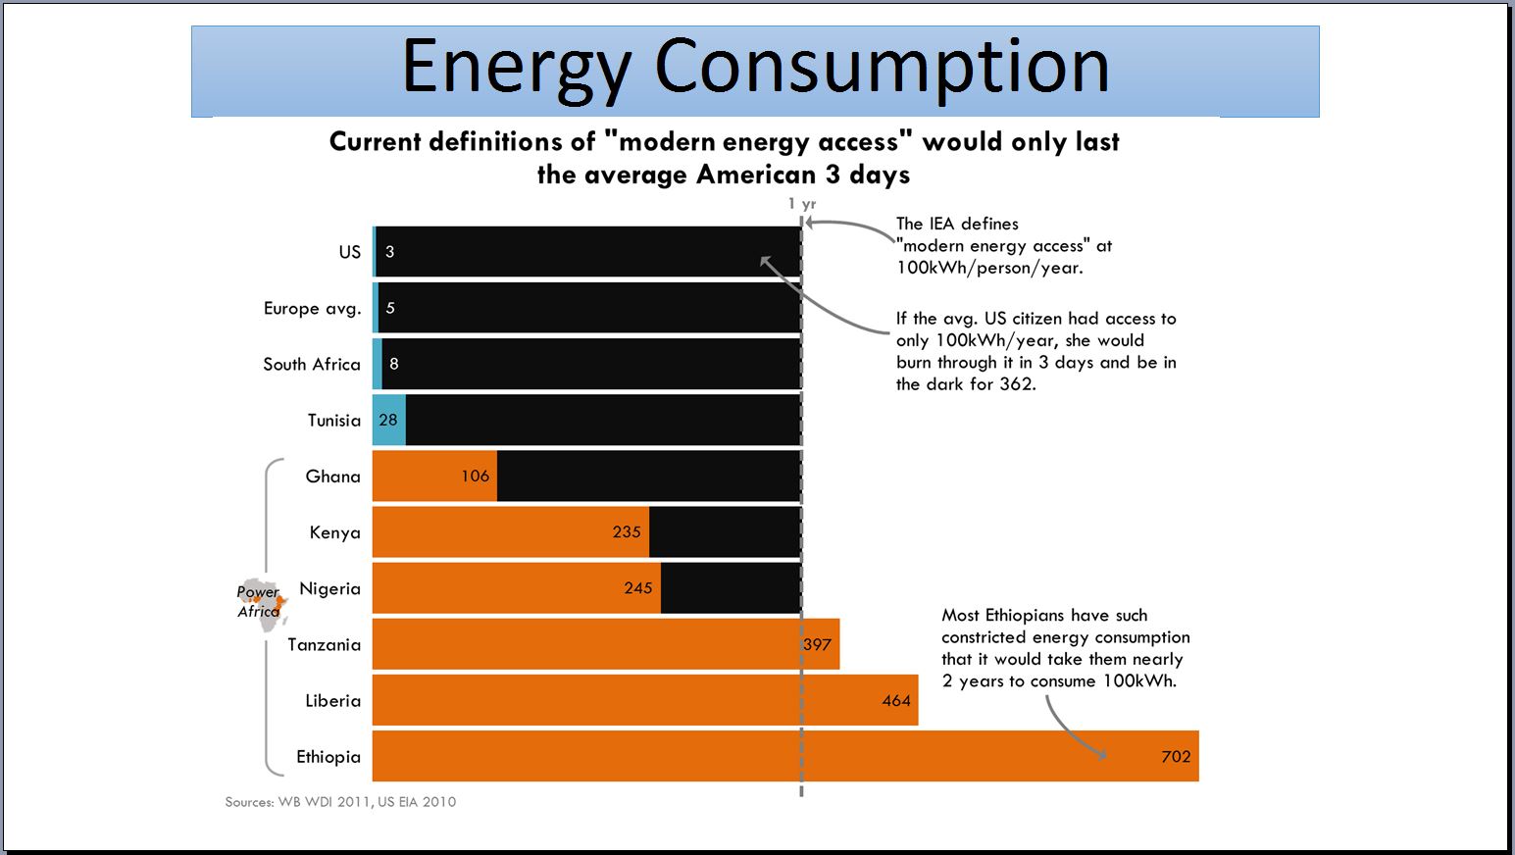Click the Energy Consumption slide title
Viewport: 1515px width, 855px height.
pyautogui.click(x=755, y=67)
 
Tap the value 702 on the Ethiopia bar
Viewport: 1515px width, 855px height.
pyautogui.click(x=1175, y=756)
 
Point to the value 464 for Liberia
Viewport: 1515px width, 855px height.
pyautogui.click(x=895, y=700)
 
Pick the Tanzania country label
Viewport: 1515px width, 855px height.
pyautogui.click(x=324, y=644)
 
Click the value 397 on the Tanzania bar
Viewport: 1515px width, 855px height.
pyautogui.click(x=817, y=644)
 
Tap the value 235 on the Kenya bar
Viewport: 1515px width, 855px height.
pyautogui.click(x=626, y=532)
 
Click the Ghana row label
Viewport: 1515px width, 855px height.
pyautogui.click(x=332, y=477)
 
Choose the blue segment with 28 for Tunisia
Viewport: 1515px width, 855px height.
pyautogui.click(x=388, y=421)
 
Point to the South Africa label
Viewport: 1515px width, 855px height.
pyautogui.click(x=311, y=364)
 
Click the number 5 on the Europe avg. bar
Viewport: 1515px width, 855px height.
pyautogui.click(x=390, y=308)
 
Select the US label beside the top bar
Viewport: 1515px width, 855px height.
pyautogui.click(x=349, y=252)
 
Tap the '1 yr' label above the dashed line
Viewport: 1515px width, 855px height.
pyautogui.click(x=802, y=204)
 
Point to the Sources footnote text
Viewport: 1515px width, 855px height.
pyautogui.click(x=340, y=802)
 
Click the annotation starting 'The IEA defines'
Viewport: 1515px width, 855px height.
pyautogui.click(x=1003, y=245)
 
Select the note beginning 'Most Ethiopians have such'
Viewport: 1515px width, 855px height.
pyautogui.click(x=1065, y=647)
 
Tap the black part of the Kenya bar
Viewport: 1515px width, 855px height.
pyautogui.click(x=725, y=532)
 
